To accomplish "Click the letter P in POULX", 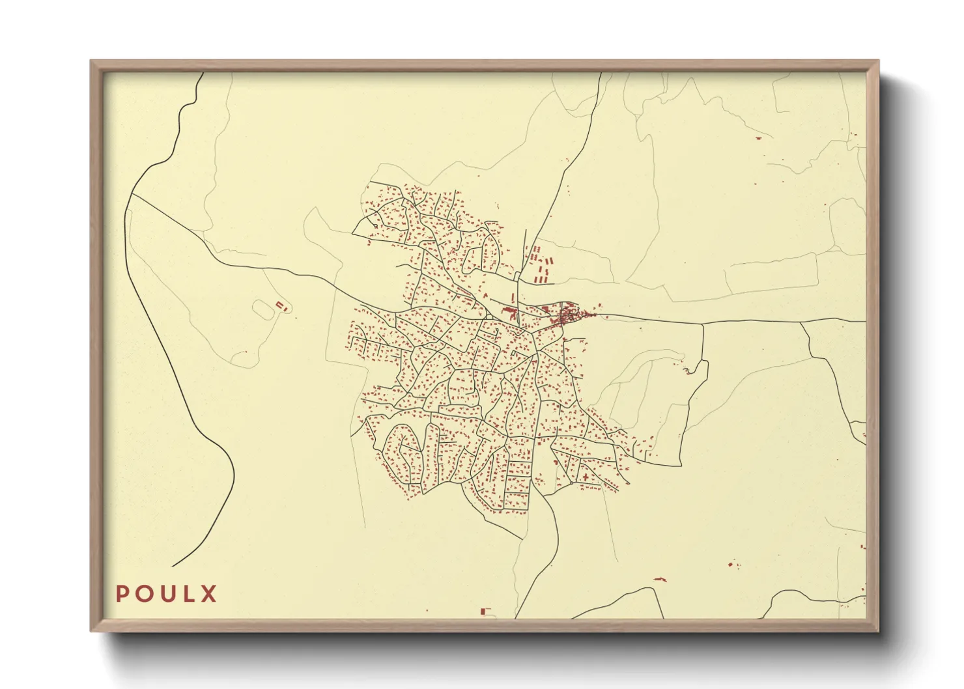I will tap(122, 594).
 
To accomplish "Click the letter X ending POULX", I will tap(209, 594).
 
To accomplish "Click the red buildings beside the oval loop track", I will tap(281, 305).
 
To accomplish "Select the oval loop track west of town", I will tap(263, 309).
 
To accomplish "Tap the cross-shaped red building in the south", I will tap(585, 477).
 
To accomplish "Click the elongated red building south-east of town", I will tap(660, 578).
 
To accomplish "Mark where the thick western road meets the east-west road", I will tap(133, 195).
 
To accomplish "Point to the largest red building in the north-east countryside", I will tap(758, 139).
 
